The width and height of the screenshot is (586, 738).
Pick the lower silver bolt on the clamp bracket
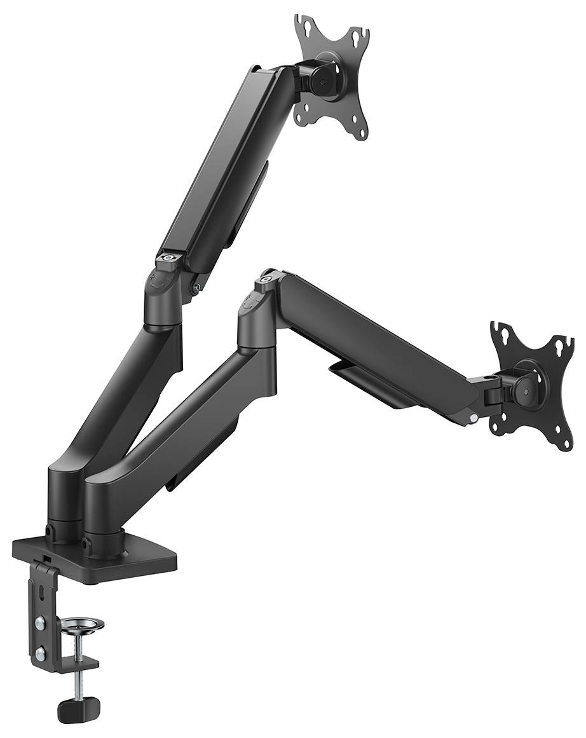(x=40, y=653)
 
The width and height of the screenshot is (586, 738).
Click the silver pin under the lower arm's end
(x=473, y=418)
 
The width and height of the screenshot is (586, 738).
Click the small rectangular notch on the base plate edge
(x=46, y=557)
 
